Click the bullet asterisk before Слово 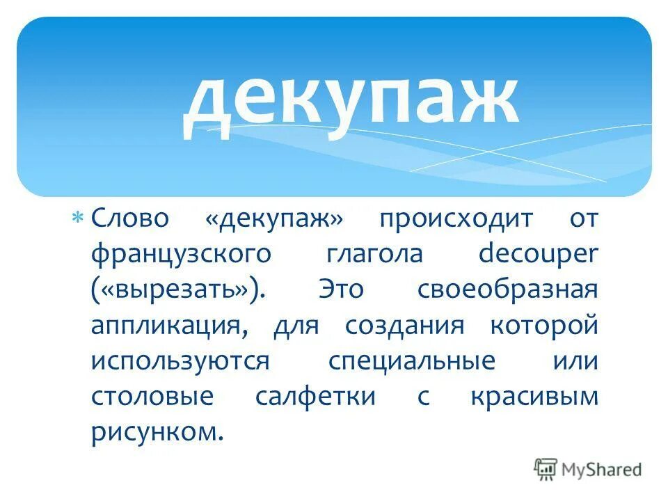pos(78,218)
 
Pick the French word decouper pos(538,254)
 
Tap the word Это pos(341,289)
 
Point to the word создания pos(404,326)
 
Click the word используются pos(180,361)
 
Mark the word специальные pos(412,361)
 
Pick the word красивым pos(534,397)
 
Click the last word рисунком pos(157,432)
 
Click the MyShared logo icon pos(546,469)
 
